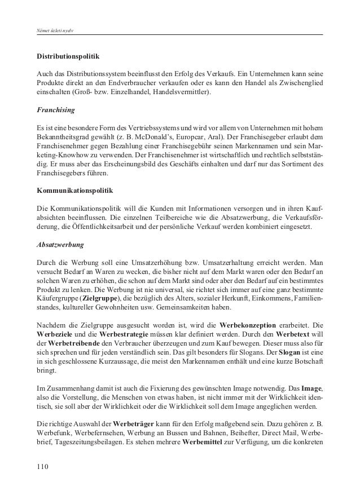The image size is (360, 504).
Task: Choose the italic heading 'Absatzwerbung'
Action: (60, 246)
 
